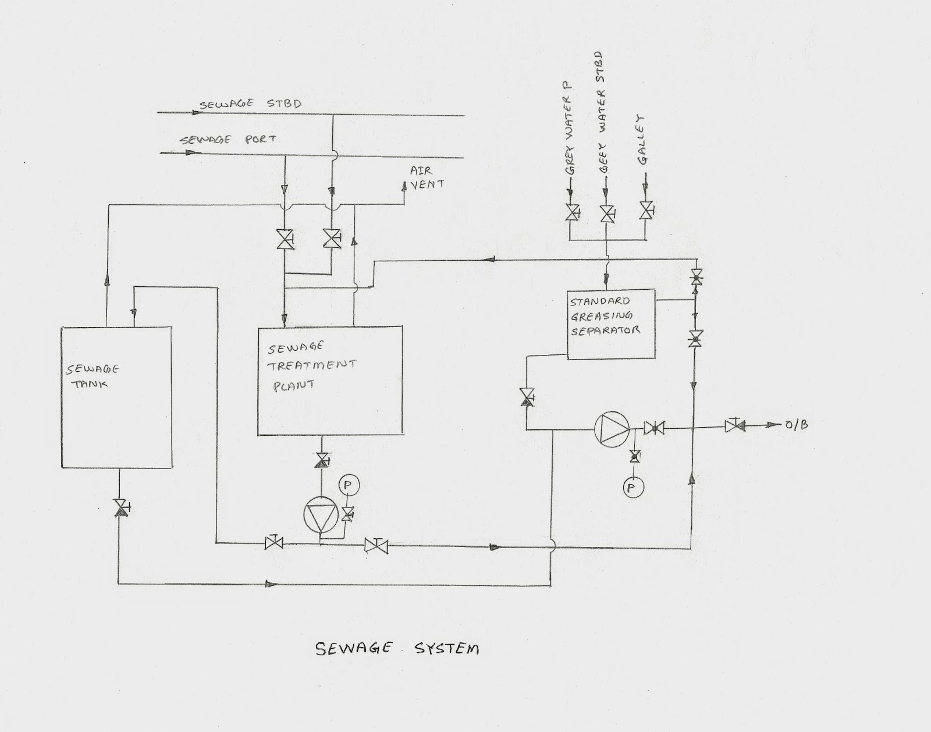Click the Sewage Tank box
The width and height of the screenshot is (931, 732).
(116, 397)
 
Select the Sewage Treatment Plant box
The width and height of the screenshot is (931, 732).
(330, 381)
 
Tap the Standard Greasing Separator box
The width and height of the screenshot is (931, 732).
(611, 326)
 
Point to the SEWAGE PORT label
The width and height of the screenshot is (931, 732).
(228, 140)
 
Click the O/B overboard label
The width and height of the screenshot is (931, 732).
(797, 425)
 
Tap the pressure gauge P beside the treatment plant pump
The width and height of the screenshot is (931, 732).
(349, 485)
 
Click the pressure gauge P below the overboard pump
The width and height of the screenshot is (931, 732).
(632, 488)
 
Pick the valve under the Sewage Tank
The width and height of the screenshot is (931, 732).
(119, 507)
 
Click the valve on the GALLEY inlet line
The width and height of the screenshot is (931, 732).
(645, 211)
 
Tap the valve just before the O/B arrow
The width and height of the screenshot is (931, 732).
(734, 426)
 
